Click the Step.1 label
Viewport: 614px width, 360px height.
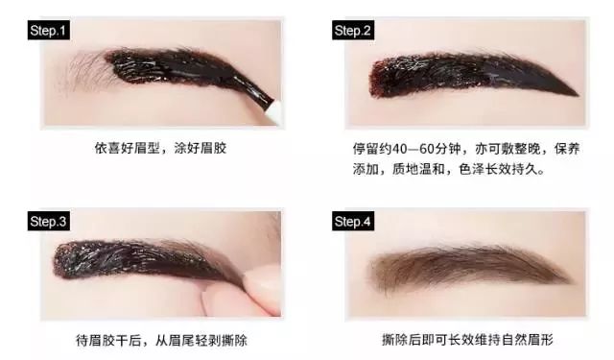[x=49, y=31]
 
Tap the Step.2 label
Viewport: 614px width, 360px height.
[x=353, y=31]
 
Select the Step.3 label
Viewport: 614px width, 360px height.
[x=49, y=222]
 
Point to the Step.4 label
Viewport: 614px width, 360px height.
[x=353, y=222]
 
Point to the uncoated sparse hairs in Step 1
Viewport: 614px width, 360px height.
[x=87, y=70]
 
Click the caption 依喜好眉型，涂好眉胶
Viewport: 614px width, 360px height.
[x=160, y=149]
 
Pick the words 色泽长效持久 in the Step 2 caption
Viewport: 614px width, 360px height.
[x=497, y=169]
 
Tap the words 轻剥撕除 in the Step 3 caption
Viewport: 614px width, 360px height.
[x=222, y=340]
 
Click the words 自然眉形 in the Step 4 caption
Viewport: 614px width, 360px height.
[x=528, y=340]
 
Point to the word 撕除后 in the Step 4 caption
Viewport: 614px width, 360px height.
[x=401, y=340]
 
